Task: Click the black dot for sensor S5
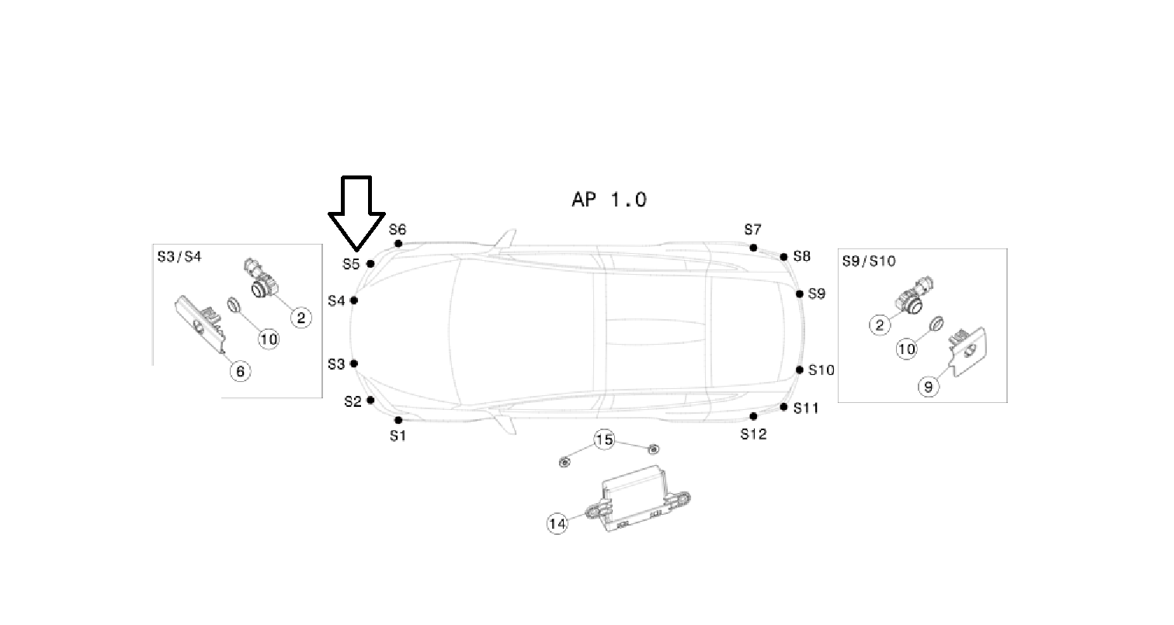(x=370, y=264)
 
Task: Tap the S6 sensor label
(x=398, y=230)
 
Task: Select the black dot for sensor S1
(x=398, y=420)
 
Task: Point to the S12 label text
(x=753, y=435)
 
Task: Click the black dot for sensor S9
(x=800, y=293)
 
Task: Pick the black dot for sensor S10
(x=800, y=370)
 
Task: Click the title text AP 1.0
(x=609, y=200)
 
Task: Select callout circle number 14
(x=557, y=524)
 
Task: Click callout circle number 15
(x=605, y=440)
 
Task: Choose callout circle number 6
(x=240, y=371)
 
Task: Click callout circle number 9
(x=928, y=386)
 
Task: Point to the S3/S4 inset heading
(x=179, y=256)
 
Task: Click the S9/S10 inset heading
(x=869, y=261)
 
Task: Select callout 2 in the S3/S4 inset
(x=300, y=316)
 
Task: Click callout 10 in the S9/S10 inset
(x=907, y=349)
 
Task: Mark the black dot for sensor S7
(x=753, y=248)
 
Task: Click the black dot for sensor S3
(x=354, y=363)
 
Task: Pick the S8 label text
(x=802, y=256)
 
